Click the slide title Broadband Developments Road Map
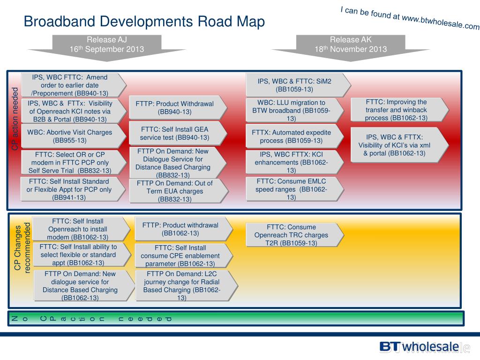(x=144, y=22)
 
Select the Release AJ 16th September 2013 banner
(x=107, y=45)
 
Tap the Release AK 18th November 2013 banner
(x=351, y=45)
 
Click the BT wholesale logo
(x=419, y=346)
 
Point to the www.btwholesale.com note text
(x=410, y=19)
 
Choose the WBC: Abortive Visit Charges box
(x=70, y=136)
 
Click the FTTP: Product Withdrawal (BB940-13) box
(x=174, y=108)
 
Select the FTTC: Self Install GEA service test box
(x=174, y=133)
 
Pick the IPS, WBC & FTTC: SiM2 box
(x=294, y=85)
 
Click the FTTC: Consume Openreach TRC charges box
(x=291, y=235)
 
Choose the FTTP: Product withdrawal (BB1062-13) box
(x=180, y=229)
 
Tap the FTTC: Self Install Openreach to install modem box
(x=77, y=229)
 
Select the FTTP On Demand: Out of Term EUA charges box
(x=175, y=191)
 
